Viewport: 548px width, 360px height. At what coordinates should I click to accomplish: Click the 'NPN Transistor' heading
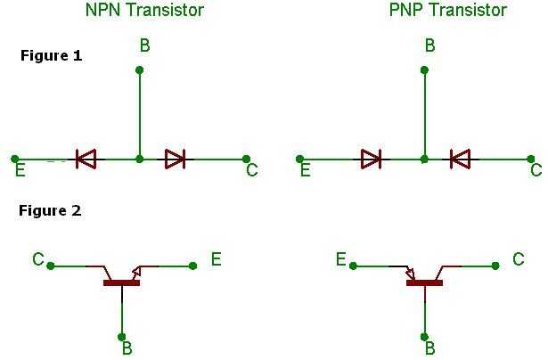coord(143,11)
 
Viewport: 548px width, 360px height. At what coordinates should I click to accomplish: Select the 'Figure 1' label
coord(51,55)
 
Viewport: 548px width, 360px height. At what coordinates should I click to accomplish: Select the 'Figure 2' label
coord(51,211)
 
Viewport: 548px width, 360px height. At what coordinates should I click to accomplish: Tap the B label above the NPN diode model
coord(145,45)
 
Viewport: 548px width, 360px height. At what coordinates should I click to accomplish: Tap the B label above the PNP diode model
coord(429,45)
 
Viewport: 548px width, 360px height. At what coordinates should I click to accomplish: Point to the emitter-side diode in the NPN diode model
coord(86,160)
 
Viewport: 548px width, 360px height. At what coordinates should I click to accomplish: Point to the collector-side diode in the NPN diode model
coord(176,160)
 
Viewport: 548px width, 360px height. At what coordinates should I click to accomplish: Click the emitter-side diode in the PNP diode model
coord(371,160)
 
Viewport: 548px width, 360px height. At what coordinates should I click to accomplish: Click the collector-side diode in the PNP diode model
coord(460,160)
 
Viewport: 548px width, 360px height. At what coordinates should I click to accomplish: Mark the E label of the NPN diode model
coord(20,168)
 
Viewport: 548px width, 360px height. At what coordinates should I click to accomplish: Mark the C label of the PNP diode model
coord(535,169)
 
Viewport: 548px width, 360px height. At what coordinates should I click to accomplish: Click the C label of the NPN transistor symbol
coord(38,259)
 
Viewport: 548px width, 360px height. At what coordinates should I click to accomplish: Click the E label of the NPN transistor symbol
coord(216,259)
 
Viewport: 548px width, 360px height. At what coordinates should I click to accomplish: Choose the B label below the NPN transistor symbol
coord(127,348)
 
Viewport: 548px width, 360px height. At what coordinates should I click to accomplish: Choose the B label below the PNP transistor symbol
coord(429,348)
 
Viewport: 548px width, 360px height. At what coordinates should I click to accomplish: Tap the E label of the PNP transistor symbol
coord(340,259)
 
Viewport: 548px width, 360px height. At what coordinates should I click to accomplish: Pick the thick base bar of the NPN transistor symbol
coord(121,283)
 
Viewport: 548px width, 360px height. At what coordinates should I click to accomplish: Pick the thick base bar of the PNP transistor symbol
coord(424,283)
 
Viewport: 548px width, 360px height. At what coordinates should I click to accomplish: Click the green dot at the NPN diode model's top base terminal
coord(139,70)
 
